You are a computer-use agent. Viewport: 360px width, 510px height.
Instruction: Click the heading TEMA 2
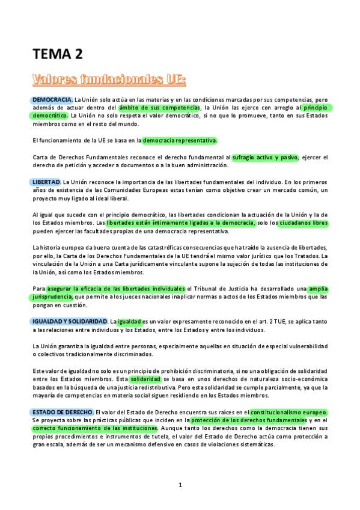[57, 55]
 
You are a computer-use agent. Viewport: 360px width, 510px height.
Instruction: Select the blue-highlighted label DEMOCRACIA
[52, 99]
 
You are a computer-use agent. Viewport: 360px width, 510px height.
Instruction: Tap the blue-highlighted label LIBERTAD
[45, 182]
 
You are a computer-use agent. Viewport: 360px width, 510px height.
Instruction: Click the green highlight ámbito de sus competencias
[159, 108]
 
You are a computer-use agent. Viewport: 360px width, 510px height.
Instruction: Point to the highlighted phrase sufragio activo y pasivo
[265, 157]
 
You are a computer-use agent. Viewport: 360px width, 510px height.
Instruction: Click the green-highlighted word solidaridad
[145, 379]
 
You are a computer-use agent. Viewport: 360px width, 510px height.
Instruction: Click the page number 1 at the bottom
[180, 485]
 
